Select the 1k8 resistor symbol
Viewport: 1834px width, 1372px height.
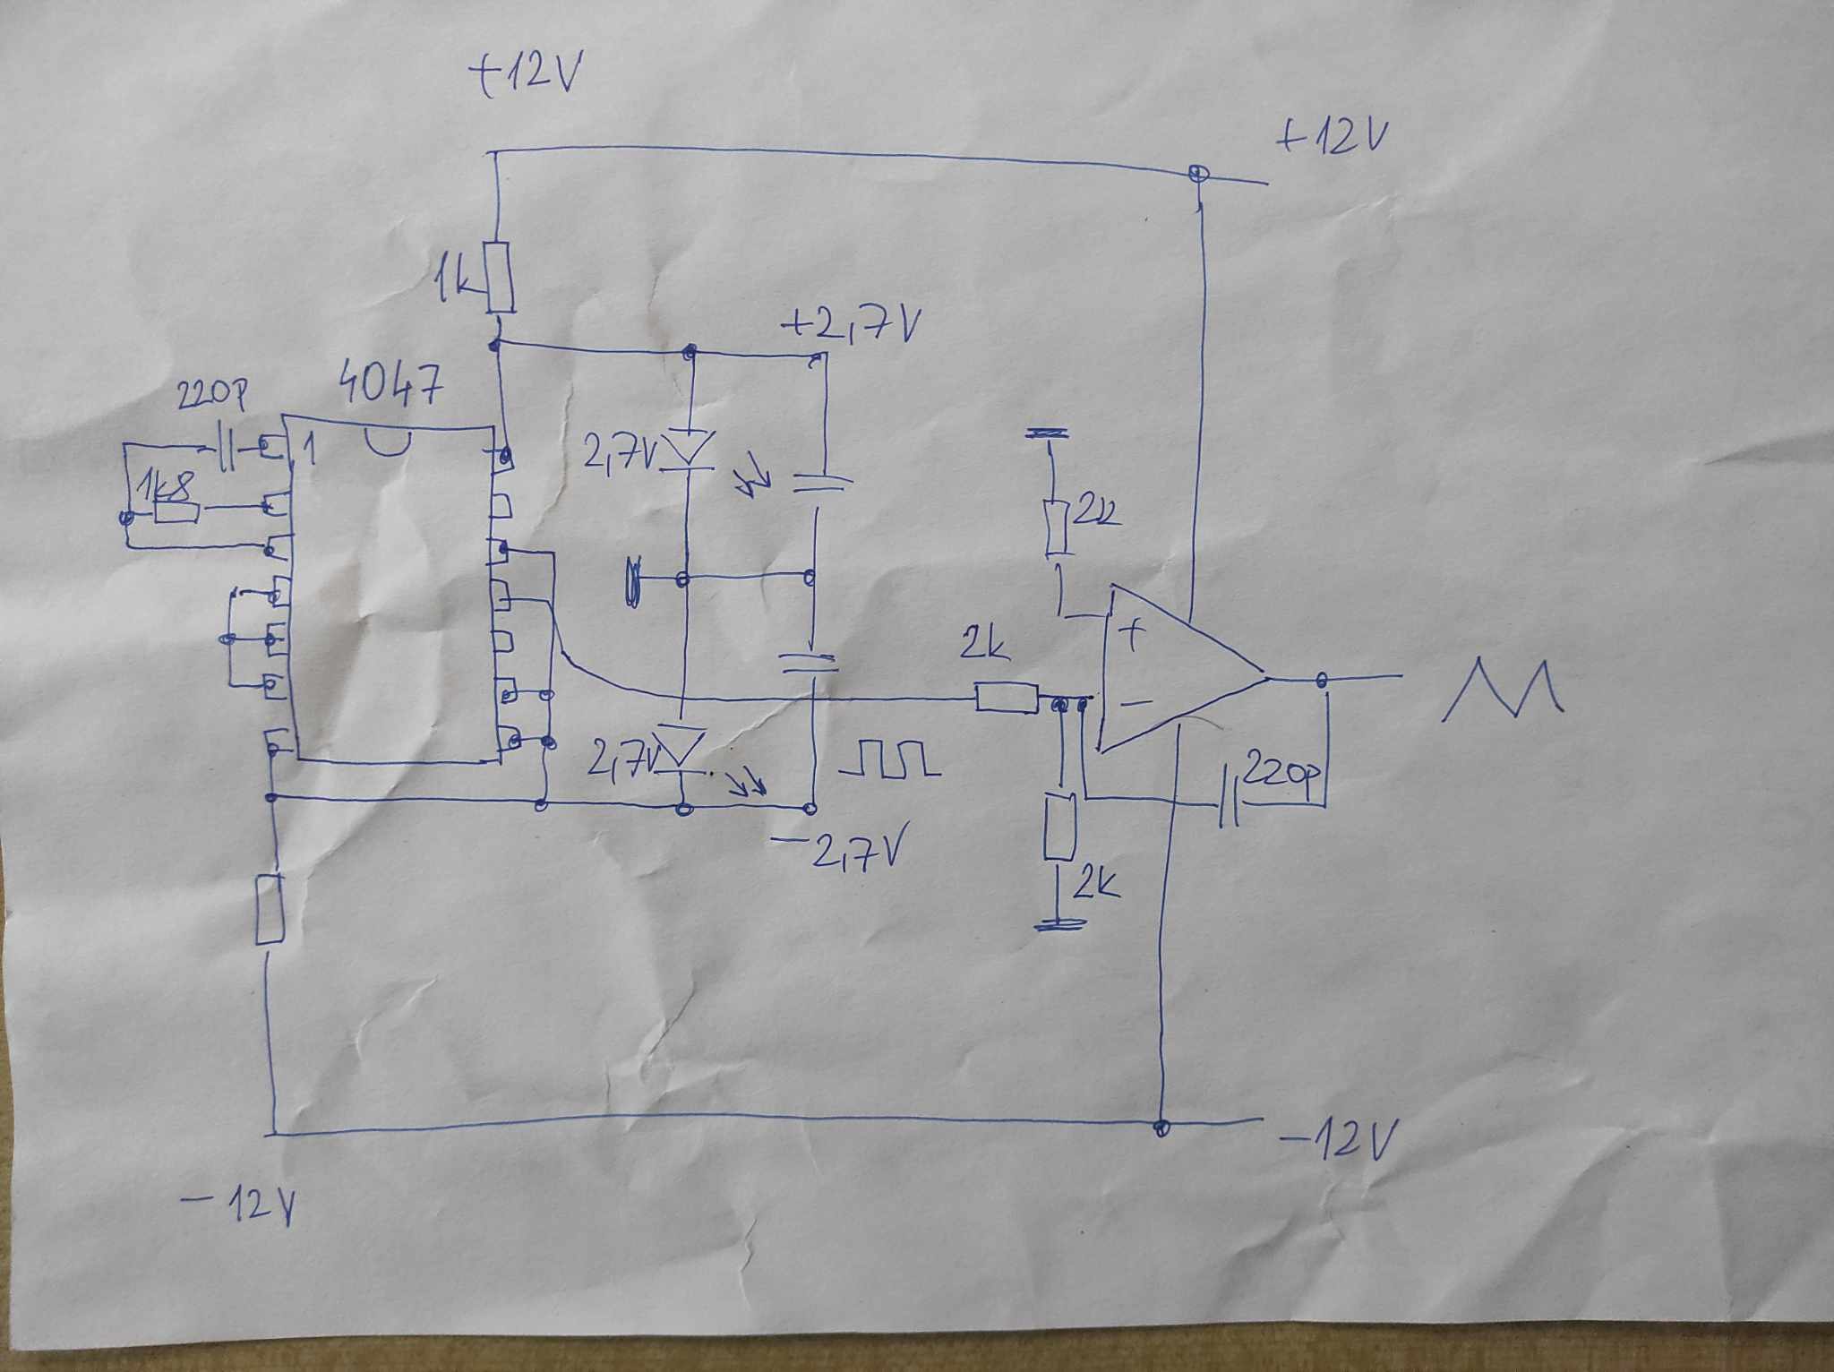click(176, 510)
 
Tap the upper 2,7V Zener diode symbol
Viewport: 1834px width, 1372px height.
click(688, 448)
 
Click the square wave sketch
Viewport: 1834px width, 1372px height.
click(890, 759)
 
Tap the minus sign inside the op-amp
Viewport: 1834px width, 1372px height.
click(1134, 704)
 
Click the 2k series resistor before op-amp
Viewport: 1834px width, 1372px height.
click(1006, 698)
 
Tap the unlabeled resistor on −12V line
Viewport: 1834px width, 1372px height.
click(269, 910)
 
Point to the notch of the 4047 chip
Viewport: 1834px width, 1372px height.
click(390, 442)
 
